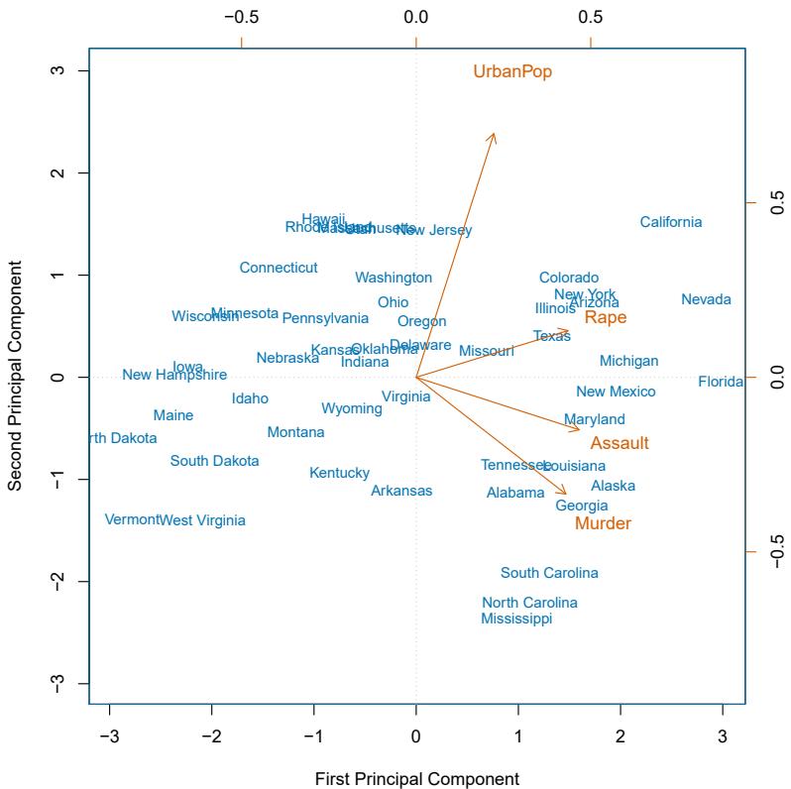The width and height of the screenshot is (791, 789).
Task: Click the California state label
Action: (670, 222)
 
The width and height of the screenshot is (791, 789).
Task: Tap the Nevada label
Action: (706, 299)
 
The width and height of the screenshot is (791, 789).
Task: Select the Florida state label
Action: (720, 382)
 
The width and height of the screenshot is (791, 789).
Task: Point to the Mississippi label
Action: (516, 619)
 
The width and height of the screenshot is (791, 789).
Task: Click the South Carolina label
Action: (549, 573)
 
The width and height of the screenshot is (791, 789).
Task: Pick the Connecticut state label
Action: (279, 268)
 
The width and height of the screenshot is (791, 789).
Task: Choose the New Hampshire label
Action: (174, 375)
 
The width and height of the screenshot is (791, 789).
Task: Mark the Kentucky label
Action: (339, 473)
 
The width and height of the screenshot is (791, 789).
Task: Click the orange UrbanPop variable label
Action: (512, 71)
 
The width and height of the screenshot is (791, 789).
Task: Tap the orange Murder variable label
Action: (603, 523)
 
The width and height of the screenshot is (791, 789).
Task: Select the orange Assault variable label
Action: (620, 443)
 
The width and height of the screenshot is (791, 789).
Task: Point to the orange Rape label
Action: (605, 317)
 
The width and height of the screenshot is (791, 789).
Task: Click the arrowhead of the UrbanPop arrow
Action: (493, 137)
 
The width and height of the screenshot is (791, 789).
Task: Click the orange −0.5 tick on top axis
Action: (241, 17)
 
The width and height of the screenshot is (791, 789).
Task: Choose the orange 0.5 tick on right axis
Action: (776, 202)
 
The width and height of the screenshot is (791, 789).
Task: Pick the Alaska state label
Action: (613, 486)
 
